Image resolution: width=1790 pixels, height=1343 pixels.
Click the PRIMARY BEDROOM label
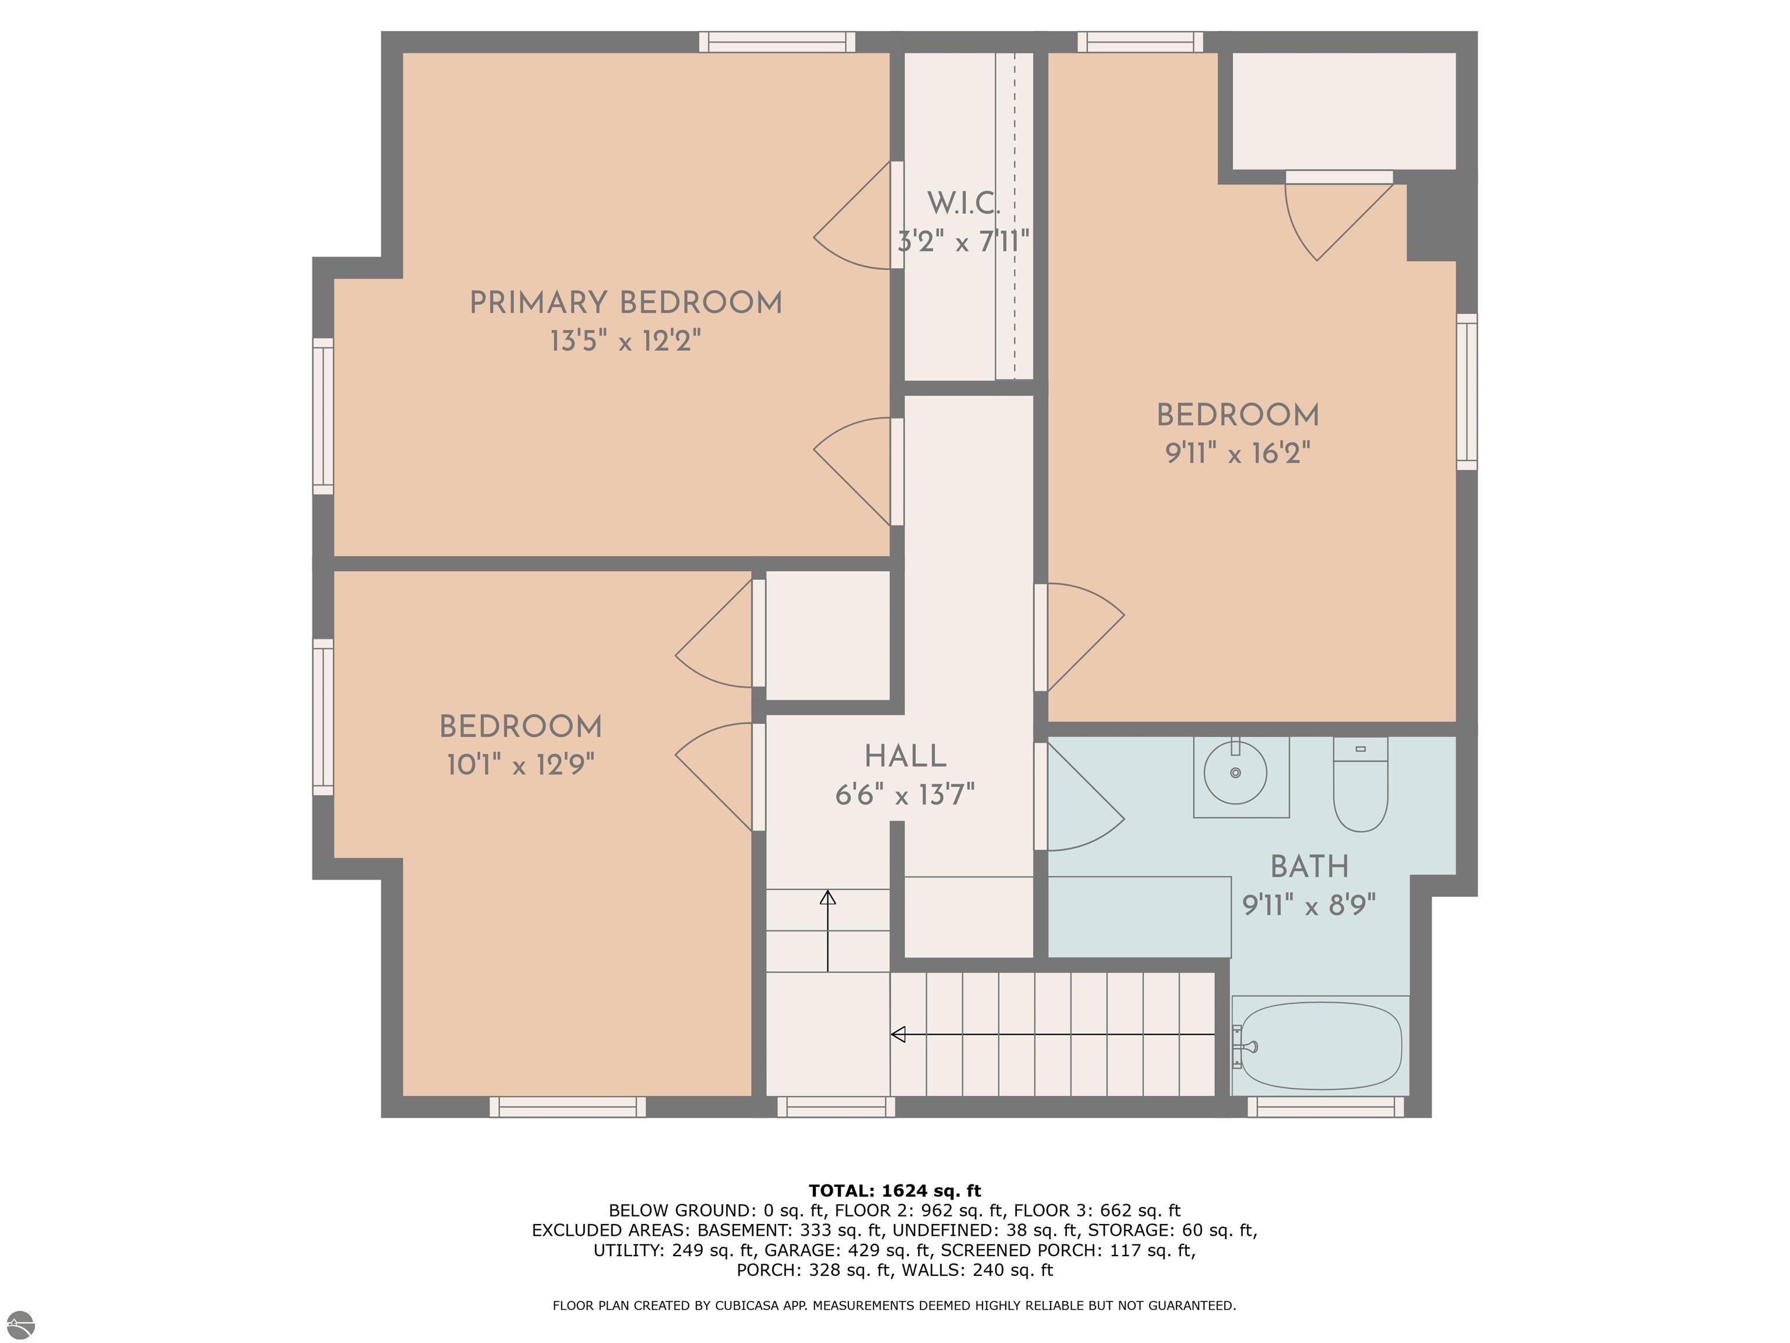click(x=626, y=303)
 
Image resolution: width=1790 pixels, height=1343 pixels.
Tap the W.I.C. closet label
click(x=963, y=203)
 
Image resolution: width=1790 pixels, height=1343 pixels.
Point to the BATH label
click(x=1309, y=867)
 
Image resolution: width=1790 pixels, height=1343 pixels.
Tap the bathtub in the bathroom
click(x=1321, y=1046)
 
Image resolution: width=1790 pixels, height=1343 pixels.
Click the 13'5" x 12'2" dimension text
click(x=626, y=342)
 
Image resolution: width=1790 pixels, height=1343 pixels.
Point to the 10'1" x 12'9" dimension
click(x=520, y=764)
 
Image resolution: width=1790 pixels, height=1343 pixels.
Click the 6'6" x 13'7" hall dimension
click(x=905, y=796)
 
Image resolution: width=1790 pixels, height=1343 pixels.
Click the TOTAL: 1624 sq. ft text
click(x=894, y=1191)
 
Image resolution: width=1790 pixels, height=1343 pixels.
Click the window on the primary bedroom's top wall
click(x=777, y=41)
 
